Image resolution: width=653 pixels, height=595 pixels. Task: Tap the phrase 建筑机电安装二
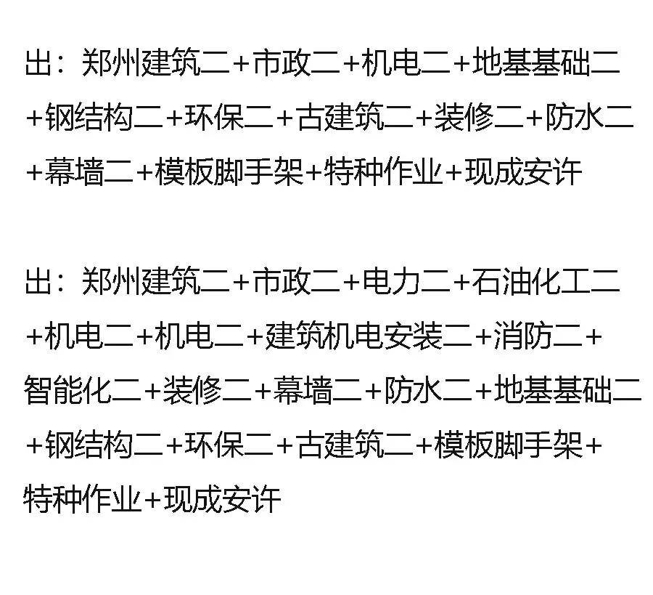pyautogui.click(x=369, y=336)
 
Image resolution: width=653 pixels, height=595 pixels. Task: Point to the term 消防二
pyautogui.click(x=537, y=336)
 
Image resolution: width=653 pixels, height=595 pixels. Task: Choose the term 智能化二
pyautogui.click(x=83, y=390)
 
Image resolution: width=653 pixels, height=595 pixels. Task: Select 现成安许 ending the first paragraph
pyautogui.click(x=523, y=171)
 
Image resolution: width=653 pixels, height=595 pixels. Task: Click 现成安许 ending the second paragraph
pyautogui.click(x=222, y=499)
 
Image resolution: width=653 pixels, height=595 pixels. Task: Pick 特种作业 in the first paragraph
pyautogui.click(x=383, y=171)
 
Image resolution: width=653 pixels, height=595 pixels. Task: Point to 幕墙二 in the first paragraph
pyautogui.click(x=89, y=171)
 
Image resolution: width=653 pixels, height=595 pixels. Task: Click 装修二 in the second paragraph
pyautogui.click(x=207, y=390)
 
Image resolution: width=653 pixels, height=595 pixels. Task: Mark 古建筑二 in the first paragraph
pyautogui.click(x=354, y=117)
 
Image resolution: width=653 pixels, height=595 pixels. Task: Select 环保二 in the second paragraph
pyautogui.click(x=229, y=445)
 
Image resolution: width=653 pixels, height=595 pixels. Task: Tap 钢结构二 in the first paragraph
pyautogui.click(x=104, y=117)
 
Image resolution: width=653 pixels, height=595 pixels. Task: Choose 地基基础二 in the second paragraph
pyautogui.click(x=567, y=390)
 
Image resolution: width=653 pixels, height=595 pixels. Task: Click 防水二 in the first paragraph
pyautogui.click(x=590, y=117)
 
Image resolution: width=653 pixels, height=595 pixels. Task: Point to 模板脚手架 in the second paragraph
pyautogui.click(x=508, y=445)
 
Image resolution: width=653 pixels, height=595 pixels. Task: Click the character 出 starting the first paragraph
pyautogui.click(x=38, y=62)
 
